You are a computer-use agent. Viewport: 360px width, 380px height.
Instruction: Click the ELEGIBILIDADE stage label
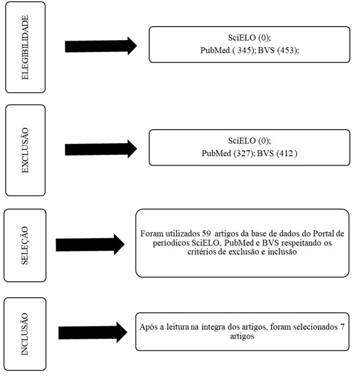[x=25, y=47]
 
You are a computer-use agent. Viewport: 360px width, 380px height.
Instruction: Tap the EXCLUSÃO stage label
[x=25, y=150]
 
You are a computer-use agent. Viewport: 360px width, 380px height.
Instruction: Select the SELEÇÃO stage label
[x=25, y=245]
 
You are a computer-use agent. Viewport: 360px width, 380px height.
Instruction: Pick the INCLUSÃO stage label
[x=25, y=334]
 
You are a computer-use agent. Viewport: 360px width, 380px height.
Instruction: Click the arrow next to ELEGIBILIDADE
[x=101, y=46]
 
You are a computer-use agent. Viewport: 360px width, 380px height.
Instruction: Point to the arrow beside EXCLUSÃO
[x=101, y=149]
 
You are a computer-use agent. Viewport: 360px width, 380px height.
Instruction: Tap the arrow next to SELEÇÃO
[x=90, y=245]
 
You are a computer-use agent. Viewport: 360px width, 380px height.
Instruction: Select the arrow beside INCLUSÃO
[x=92, y=333]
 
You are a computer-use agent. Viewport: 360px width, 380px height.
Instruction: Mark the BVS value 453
[x=287, y=51]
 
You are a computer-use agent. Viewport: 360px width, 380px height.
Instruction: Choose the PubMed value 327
[x=243, y=154]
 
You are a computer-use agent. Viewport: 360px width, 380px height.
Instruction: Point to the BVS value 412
[x=286, y=154]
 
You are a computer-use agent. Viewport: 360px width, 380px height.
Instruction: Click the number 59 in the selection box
[x=207, y=234]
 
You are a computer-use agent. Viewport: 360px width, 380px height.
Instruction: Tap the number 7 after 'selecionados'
[x=342, y=327]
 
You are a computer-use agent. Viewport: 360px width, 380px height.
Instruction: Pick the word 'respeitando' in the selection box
[x=301, y=243]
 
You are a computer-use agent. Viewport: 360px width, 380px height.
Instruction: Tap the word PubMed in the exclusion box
[x=216, y=154]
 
